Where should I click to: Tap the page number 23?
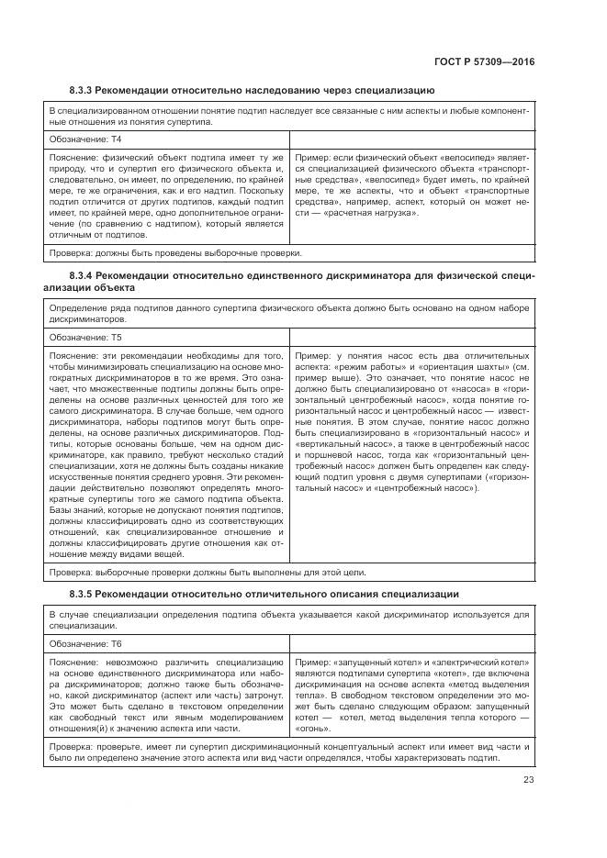[x=528, y=780]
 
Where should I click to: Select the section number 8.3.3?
[x=84, y=90]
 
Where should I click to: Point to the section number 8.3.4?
[x=84, y=275]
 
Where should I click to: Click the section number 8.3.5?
[x=84, y=594]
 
